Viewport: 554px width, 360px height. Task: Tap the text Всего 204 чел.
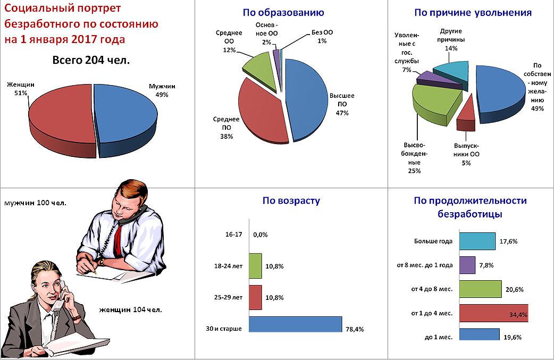[x=91, y=61]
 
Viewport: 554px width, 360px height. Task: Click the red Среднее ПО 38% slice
[x=255, y=114]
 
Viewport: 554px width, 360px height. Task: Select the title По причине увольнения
[x=473, y=12]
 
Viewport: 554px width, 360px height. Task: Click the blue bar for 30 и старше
[x=295, y=324]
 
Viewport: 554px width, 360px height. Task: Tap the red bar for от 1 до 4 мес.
[x=492, y=314]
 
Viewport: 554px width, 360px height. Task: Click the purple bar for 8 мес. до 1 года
[x=467, y=265]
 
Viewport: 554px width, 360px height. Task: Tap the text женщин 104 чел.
[x=130, y=309]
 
